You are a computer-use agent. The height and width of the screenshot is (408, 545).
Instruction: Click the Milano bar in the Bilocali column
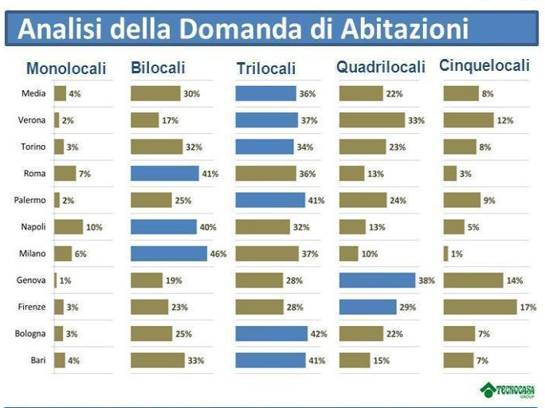pos(164,253)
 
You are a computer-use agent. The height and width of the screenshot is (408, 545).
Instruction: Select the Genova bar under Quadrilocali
pos(377,280)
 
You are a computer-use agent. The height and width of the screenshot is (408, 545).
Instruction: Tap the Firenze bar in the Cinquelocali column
pos(480,307)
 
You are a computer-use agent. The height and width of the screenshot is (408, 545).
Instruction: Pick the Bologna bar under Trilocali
pos(271,334)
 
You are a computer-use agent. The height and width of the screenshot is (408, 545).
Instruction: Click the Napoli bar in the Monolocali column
pos(69,227)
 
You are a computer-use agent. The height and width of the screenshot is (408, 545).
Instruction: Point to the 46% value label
pos(218,254)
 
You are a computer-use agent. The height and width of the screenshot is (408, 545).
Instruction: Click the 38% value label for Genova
pos(426,280)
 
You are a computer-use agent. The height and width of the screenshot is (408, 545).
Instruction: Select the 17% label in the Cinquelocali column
pos(528,308)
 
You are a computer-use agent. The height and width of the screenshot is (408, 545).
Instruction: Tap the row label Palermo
pos(33,200)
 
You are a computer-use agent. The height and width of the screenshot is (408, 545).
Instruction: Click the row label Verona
pos(33,120)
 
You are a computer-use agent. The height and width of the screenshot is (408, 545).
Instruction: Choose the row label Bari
pos(37,360)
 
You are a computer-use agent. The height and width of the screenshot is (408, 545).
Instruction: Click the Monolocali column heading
pos(66,69)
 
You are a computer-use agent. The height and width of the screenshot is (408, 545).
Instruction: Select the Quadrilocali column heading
pos(381,68)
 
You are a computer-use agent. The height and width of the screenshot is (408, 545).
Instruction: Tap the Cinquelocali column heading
pos(484,66)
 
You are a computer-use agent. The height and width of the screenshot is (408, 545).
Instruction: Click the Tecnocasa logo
pos(507,390)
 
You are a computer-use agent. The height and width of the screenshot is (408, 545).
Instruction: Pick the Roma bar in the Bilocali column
pos(164,174)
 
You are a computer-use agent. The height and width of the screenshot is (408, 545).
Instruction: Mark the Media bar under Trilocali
pos(266,94)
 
